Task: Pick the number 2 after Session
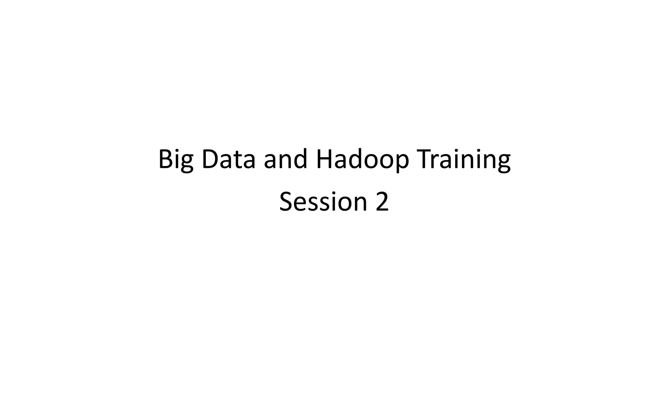[382, 202]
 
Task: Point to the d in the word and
[300, 159]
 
